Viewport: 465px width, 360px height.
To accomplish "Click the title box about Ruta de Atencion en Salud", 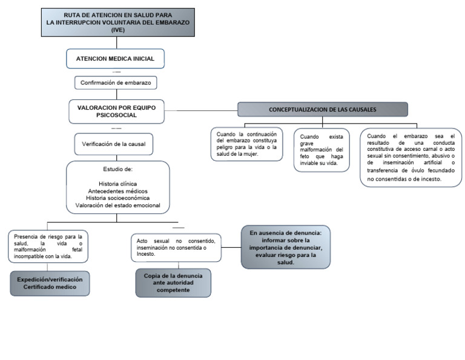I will point(117,22).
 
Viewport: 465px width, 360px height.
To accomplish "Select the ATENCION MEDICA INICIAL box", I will point(114,59).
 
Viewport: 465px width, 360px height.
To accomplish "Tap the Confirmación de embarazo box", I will point(115,82).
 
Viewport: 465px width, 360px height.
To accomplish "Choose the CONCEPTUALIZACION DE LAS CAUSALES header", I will point(322,109).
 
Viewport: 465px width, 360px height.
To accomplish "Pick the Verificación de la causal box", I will point(114,145).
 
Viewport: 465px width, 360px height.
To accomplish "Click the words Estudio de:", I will point(118,169).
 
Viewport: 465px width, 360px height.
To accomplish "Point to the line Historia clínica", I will point(117,184).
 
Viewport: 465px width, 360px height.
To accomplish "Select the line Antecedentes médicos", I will point(117,191).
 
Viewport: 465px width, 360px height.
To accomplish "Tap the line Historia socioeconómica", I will point(117,198).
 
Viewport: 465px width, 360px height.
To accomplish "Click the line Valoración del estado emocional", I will point(117,205).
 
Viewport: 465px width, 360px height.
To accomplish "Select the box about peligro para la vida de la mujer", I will point(246,144).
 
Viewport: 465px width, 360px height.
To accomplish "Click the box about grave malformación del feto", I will point(322,150).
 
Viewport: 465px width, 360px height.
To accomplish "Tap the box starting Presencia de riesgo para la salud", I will point(48,247).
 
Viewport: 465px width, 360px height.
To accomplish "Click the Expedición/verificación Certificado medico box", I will point(50,283).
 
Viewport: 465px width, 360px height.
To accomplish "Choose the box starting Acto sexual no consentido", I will point(176,247).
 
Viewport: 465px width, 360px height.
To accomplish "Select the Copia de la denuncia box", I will point(173,283).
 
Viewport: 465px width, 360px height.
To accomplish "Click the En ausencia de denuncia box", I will point(286,247).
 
